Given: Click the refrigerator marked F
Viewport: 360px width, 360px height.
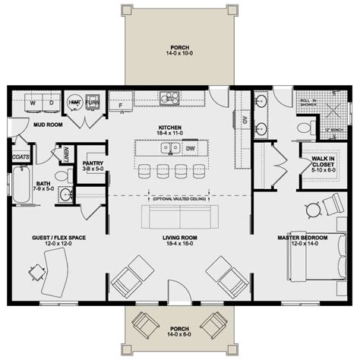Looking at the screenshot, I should click(119, 102).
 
